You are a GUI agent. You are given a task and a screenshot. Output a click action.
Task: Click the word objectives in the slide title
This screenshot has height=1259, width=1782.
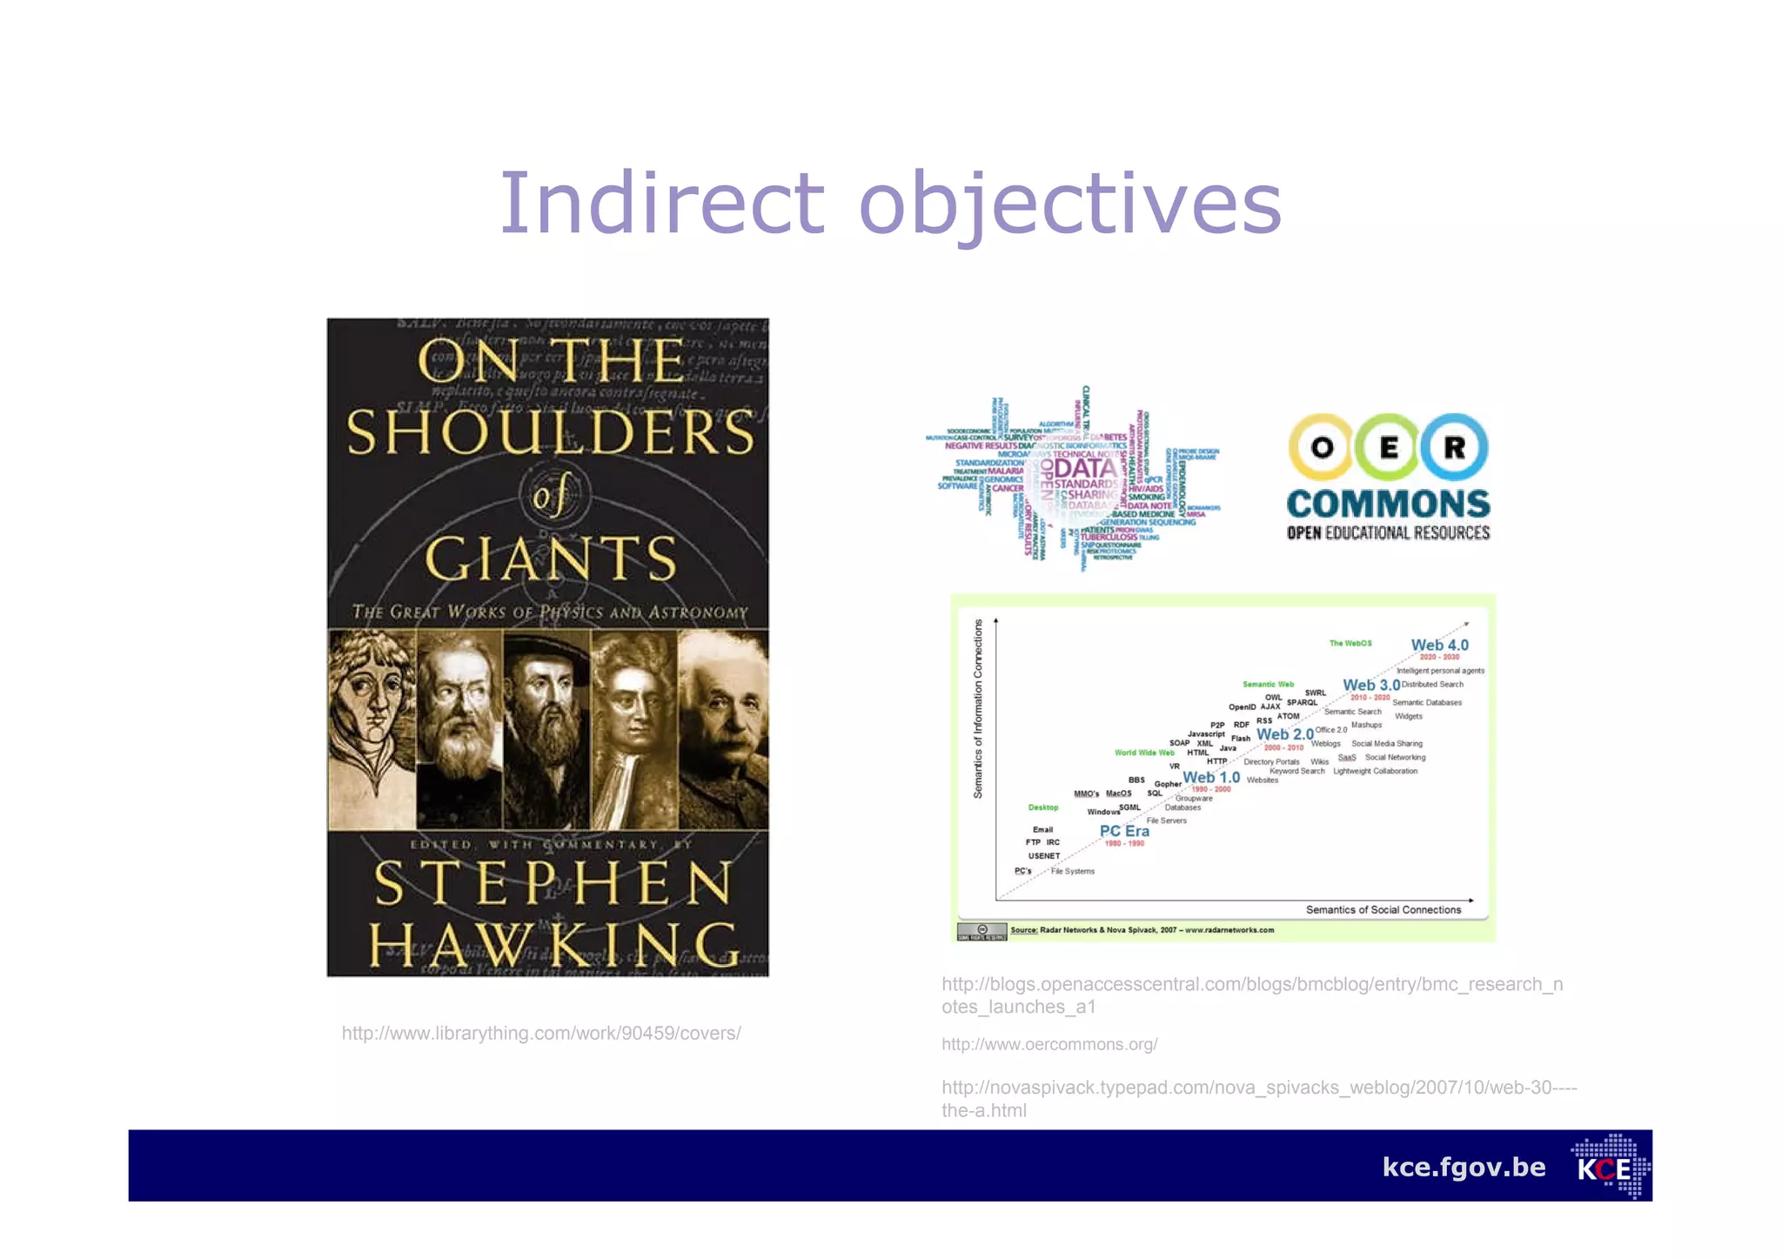pyautogui.click(x=1069, y=205)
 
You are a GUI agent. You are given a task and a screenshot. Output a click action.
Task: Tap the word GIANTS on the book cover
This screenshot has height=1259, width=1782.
pyautogui.click(x=551, y=558)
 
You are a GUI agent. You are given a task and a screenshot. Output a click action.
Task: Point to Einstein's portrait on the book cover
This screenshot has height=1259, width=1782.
pyautogui.click(x=723, y=729)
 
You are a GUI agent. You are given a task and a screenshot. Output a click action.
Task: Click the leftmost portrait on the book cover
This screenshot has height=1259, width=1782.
pyautogui.click(x=372, y=729)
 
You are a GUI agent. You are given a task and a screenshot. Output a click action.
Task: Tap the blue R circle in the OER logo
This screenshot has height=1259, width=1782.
pyautogui.click(x=1454, y=446)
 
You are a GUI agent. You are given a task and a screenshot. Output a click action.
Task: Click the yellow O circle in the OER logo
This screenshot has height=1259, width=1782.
pyautogui.click(x=1322, y=446)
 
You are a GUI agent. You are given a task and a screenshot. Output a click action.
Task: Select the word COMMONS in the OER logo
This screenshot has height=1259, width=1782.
pyautogui.click(x=1388, y=504)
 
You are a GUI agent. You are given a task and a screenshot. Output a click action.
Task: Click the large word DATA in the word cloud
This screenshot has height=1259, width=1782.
pyautogui.click(x=1085, y=469)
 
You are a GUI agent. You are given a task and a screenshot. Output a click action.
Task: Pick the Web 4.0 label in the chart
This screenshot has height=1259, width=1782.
pyautogui.click(x=1439, y=645)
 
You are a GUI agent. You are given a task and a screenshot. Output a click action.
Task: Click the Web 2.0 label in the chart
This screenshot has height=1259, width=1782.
pyautogui.click(x=1284, y=734)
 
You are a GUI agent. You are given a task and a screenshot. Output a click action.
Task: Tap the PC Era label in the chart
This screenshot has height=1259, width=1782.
pyautogui.click(x=1124, y=831)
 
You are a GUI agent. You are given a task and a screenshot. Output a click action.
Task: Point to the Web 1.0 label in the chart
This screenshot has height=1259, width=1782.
pyautogui.click(x=1211, y=777)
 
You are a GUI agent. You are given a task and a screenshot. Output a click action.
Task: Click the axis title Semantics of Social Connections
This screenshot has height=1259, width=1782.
pyautogui.click(x=1383, y=909)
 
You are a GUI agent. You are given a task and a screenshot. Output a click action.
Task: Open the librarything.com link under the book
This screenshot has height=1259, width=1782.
pyautogui.click(x=541, y=1033)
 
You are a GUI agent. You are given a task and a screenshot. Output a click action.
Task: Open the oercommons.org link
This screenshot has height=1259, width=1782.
pyautogui.click(x=1049, y=1044)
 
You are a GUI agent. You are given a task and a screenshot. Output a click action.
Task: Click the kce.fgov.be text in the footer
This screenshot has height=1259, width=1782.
pyautogui.click(x=1464, y=1167)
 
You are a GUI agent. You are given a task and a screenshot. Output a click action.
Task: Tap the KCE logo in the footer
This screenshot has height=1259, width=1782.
pyautogui.click(x=1609, y=1167)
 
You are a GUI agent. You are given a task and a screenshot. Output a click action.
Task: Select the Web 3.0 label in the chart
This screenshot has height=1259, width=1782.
pyautogui.click(x=1370, y=686)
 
